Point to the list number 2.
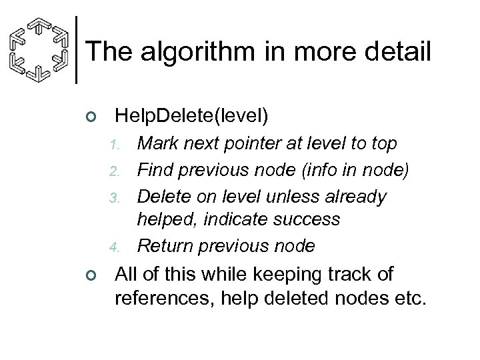pyautogui.click(x=115, y=171)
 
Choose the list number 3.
pyautogui.click(x=115, y=198)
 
